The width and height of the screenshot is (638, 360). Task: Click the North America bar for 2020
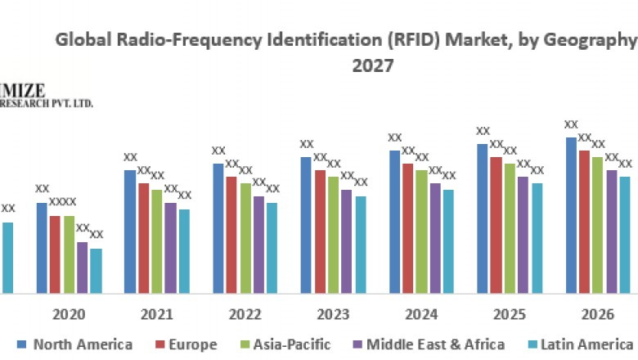click(42, 247)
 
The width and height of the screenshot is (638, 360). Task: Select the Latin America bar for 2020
click(96, 270)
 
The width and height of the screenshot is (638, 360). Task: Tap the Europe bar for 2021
click(144, 237)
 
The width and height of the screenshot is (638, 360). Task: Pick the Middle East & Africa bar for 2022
click(258, 244)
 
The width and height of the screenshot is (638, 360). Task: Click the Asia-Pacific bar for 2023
click(334, 234)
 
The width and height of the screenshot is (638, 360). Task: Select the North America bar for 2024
click(395, 221)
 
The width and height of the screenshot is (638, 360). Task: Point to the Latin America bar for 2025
click(537, 237)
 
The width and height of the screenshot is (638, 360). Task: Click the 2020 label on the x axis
click(69, 314)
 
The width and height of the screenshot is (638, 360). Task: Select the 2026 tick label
click(599, 314)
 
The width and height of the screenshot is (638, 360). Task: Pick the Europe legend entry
click(186, 344)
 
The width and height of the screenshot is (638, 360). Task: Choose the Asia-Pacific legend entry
click(284, 344)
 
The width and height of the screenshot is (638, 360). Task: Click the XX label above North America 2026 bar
click(572, 124)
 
